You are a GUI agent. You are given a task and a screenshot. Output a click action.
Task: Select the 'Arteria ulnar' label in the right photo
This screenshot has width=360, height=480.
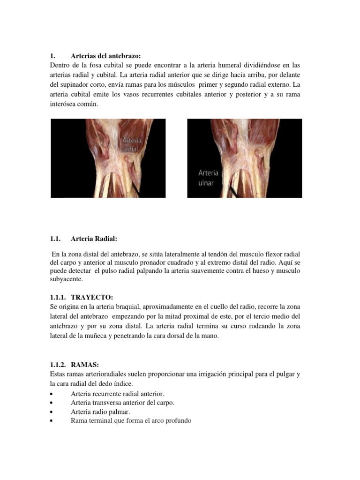208,178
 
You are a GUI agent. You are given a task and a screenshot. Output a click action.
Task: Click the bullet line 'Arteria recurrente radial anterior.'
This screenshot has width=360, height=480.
118,394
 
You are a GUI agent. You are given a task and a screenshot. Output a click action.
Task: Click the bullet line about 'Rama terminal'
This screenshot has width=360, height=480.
131,420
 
